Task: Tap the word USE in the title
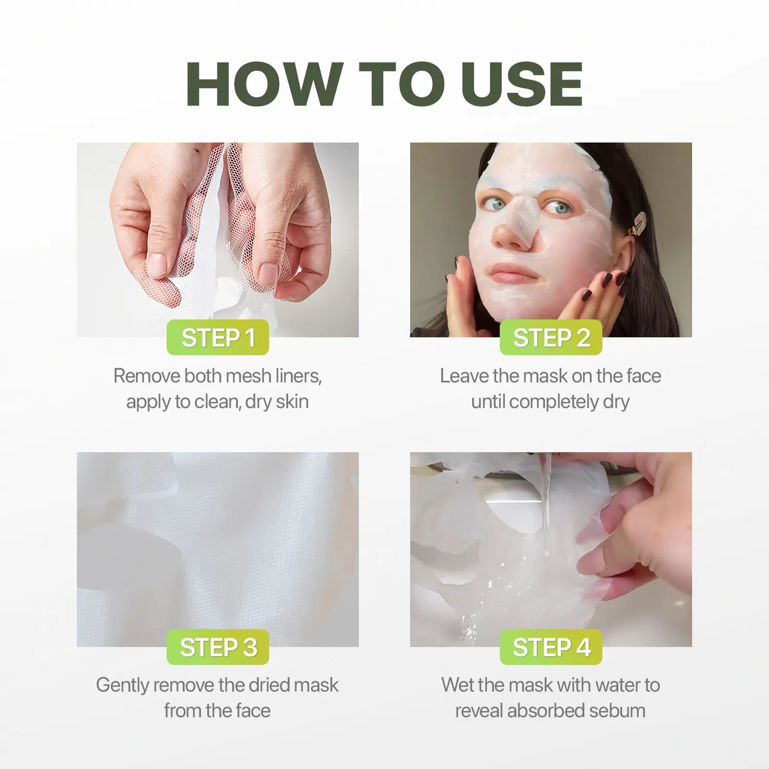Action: (x=522, y=84)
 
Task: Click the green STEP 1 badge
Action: (x=218, y=337)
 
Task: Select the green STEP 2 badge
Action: (x=551, y=337)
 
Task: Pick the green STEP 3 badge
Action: (x=218, y=647)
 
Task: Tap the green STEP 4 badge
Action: (x=551, y=647)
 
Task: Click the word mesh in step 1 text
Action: (x=248, y=376)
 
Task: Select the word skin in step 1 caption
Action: (x=292, y=401)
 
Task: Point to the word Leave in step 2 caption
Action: (x=464, y=376)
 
